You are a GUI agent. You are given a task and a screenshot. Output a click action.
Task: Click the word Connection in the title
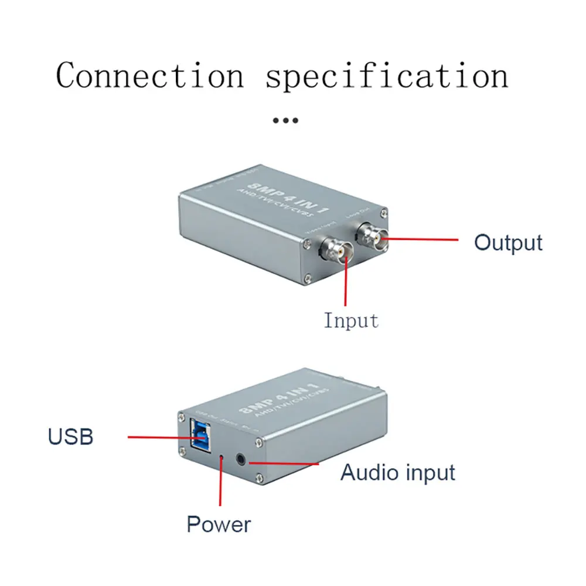point(149,76)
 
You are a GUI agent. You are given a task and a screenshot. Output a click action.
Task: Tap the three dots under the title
point(286,121)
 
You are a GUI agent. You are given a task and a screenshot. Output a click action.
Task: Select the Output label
point(508,242)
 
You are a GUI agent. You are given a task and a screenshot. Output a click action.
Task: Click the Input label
point(351,321)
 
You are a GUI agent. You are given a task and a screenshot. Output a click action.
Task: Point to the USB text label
point(70,437)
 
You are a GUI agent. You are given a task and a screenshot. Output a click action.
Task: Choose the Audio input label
point(398,472)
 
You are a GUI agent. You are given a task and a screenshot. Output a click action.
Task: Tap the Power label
point(219,523)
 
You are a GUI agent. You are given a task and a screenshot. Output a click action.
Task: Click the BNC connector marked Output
point(372,237)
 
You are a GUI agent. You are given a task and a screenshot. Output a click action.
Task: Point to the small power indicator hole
point(221,455)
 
